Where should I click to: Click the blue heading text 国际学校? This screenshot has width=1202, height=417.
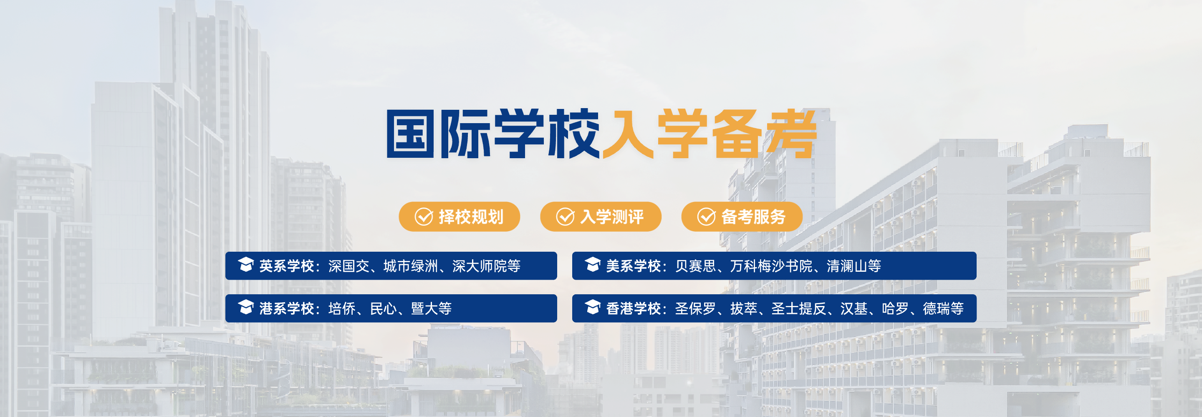(x=492, y=134)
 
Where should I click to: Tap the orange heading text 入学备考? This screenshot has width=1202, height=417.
(x=709, y=134)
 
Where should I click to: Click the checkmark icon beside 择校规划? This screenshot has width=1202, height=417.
(x=424, y=217)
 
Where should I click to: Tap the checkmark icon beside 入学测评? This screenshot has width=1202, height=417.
(x=565, y=217)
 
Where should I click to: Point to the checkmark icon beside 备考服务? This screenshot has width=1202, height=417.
(x=707, y=217)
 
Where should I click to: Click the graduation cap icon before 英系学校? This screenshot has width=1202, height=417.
(x=246, y=265)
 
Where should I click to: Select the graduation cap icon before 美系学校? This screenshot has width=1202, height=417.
(x=593, y=265)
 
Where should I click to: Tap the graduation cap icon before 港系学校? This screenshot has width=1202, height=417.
(x=246, y=307)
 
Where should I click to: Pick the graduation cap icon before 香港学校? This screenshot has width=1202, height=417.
(x=593, y=307)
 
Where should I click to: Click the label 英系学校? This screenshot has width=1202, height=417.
(x=286, y=266)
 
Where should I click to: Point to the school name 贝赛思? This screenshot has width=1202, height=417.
(x=695, y=266)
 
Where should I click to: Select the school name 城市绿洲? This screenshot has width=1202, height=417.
(x=411, y=266)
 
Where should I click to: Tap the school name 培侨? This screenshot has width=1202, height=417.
(x=342, y=309)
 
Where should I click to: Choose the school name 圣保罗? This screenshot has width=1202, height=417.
(x=695, y=309)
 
